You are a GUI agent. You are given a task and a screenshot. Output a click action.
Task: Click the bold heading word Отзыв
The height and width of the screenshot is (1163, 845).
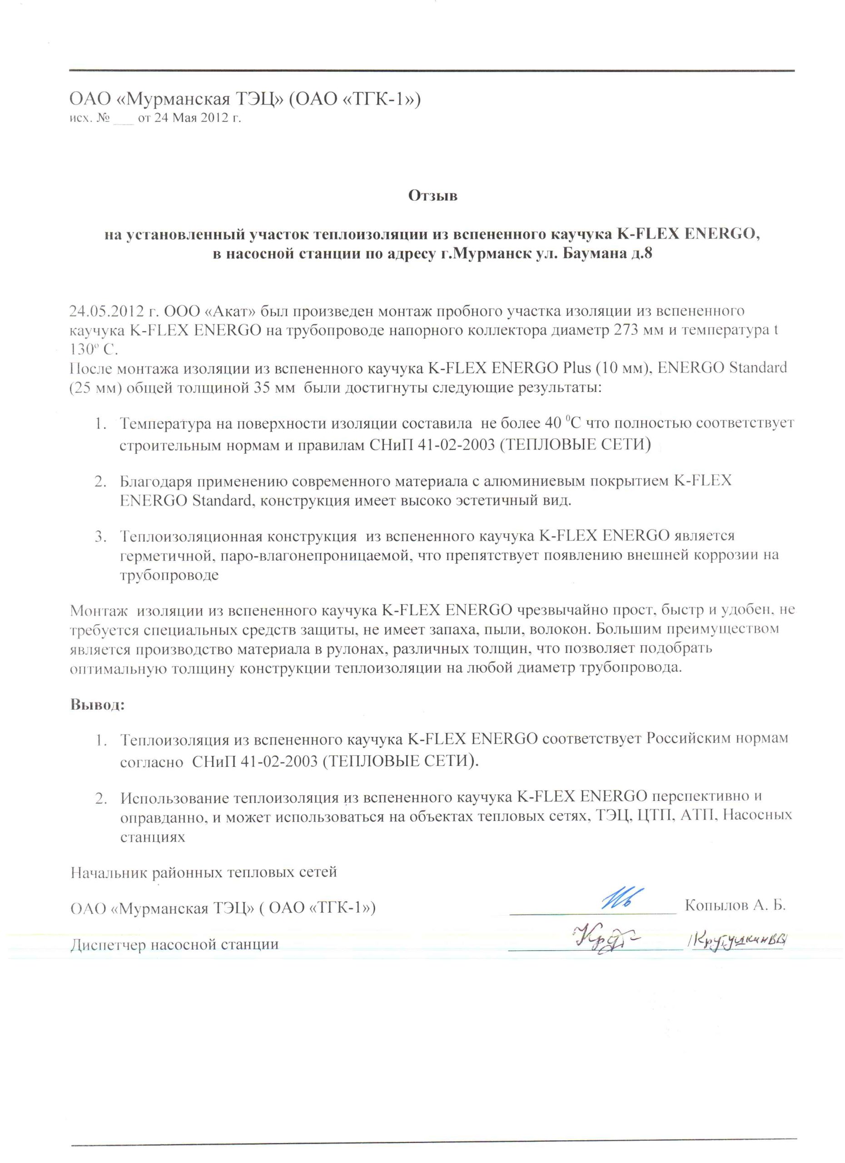[432, 196]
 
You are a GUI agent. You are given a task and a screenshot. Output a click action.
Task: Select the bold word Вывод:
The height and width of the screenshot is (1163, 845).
[97, 704]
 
